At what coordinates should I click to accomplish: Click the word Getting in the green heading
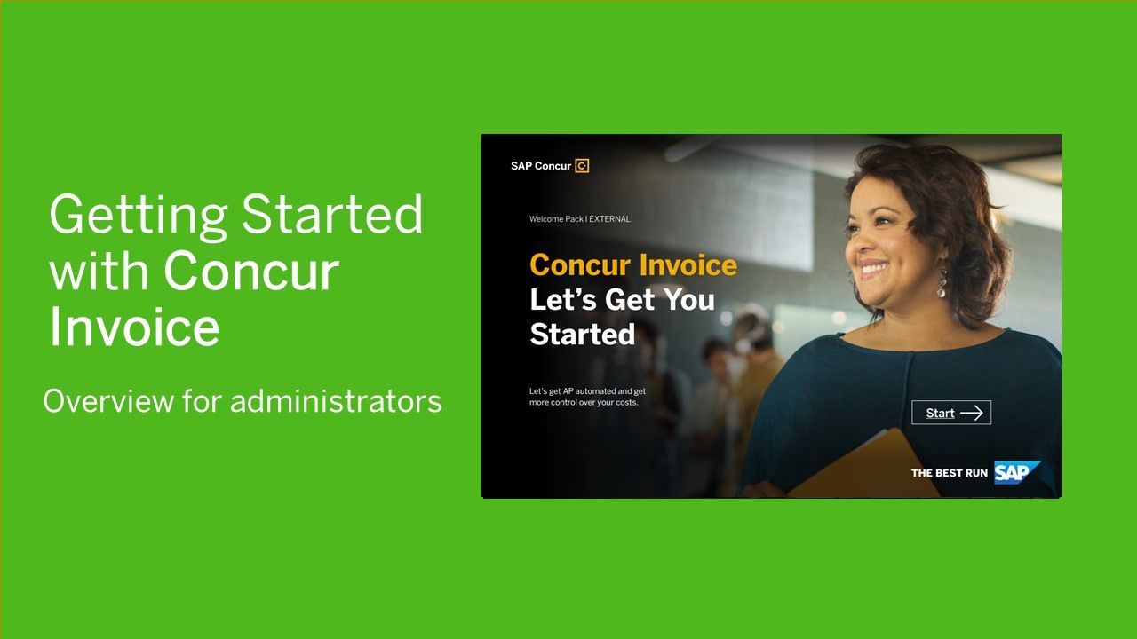pos(138,216)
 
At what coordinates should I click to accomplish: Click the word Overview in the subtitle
pos(108,401)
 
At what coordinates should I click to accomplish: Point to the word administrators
pos(336,401)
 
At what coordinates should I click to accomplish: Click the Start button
pos(951,413)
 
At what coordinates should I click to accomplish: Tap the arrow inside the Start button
pos(972,414)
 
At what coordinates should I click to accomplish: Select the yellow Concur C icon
pos(582,166)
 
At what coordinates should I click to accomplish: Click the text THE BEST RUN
pos(950,473)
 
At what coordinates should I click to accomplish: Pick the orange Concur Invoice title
pos(633,264)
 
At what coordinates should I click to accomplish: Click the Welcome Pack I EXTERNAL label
pos(580,219)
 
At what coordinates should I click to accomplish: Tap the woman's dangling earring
pos(942,282)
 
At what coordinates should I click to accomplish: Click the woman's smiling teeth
pos(874,267)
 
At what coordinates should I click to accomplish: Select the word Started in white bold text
pos(582,335)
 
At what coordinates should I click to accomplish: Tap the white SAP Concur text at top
pos(541,166)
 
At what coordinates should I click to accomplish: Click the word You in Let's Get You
pos(689,299)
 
